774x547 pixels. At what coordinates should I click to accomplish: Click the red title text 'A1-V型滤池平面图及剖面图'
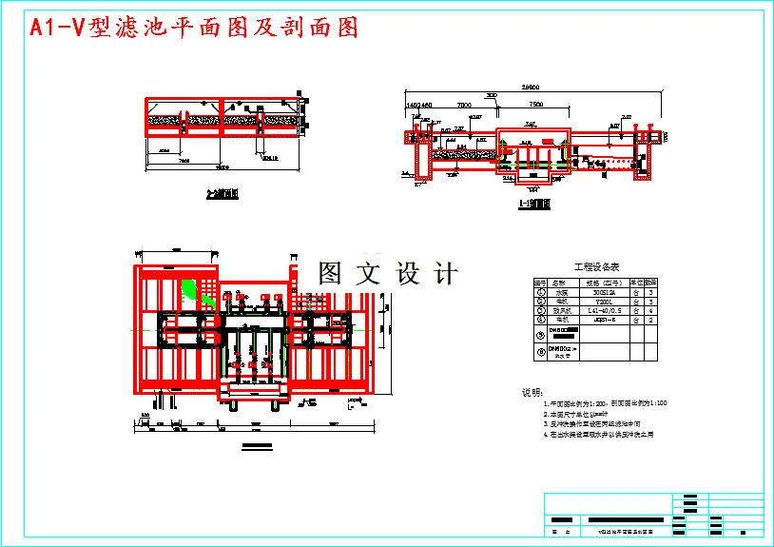[x=194, y=28]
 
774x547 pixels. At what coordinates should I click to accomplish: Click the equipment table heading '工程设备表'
[x=596, y=268]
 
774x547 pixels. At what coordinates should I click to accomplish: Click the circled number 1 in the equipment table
[x=540, y=292]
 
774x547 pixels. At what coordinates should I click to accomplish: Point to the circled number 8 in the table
[x=540, y=353]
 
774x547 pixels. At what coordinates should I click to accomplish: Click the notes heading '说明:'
[x=532, y=392]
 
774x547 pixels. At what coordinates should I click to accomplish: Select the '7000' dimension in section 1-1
[x=464, y=104]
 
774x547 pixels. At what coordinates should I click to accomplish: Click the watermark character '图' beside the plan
[x=329, y=274]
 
